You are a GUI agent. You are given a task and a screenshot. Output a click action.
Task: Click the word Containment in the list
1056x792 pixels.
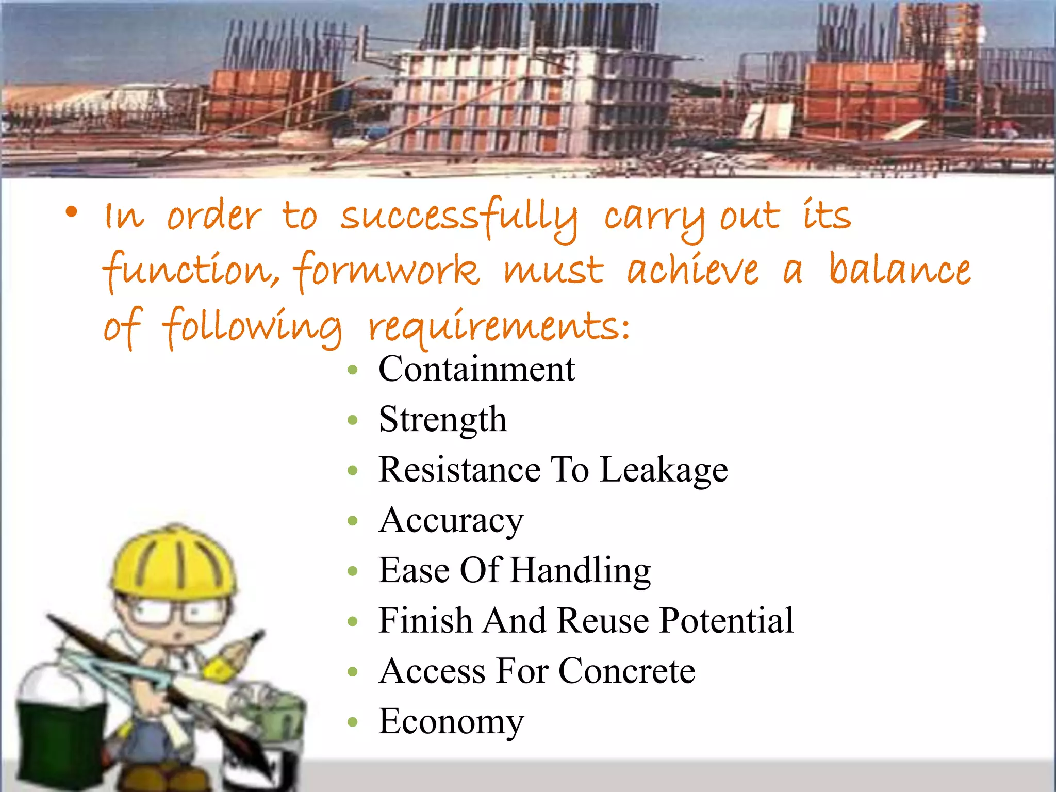(476, 369)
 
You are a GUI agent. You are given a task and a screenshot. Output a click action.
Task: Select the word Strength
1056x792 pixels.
(442, 420)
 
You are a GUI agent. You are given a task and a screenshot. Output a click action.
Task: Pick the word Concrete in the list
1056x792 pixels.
(626, 671)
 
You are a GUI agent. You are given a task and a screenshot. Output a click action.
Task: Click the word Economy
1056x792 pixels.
(451, 722)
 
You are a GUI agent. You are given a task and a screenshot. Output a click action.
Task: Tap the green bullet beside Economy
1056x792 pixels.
(353, 722)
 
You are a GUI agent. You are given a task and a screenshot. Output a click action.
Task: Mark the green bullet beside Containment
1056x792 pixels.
(353, 370)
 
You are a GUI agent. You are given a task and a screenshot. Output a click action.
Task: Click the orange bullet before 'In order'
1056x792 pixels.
(71, 212)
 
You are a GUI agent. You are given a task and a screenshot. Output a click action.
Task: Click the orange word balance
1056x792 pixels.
(899, 269)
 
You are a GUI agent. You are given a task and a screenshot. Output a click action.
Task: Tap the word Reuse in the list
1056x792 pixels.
(603, 620)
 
